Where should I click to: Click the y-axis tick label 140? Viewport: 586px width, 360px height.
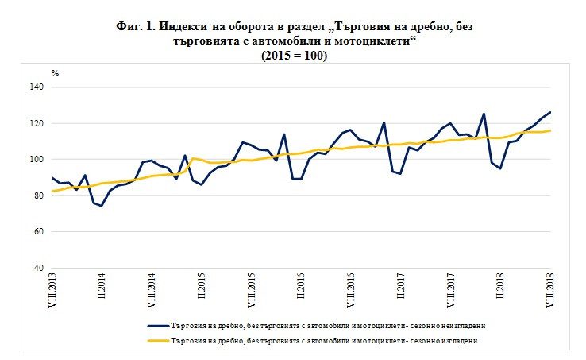click(37, 87)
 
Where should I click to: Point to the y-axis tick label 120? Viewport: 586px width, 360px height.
click(37, 123)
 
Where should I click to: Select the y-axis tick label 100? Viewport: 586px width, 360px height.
click(37, 159)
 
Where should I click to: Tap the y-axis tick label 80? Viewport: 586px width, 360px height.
click(38, 195)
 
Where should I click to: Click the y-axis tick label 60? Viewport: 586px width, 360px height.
click(38, 231)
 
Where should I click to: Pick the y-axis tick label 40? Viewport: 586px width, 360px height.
click(38, 268)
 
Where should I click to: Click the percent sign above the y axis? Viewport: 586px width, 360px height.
click(56, 72)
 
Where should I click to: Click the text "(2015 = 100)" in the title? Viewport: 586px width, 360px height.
click(294, 56)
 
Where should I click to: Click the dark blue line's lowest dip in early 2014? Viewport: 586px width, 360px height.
click(102, 206)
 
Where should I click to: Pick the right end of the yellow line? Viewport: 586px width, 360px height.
click(550, 130)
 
